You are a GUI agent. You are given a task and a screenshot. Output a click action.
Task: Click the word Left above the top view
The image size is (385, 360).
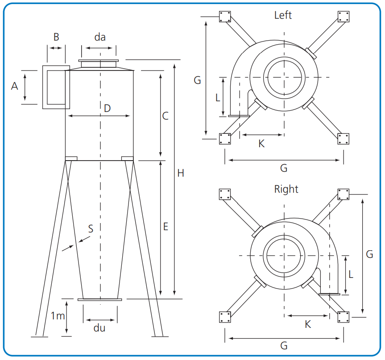(283, 15)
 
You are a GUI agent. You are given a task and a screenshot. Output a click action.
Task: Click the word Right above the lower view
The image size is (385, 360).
(286, 189)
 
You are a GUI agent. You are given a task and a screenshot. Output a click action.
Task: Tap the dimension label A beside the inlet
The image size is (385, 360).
(15, 87)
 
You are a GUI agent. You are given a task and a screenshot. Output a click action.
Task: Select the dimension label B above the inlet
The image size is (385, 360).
(56, 37)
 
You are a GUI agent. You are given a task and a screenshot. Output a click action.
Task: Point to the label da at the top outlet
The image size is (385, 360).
(99, 37)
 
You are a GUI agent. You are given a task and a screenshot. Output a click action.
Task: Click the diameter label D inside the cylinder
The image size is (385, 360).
(107, 108)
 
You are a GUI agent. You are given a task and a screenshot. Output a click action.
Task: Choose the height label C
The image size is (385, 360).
(165, 116)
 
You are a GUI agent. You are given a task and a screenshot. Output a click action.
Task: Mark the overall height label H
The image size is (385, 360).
(180, 173)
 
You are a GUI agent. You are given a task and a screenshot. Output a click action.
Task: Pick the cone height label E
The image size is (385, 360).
(165, 227)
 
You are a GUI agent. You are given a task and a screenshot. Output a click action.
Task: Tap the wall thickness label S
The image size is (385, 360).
(91, 229)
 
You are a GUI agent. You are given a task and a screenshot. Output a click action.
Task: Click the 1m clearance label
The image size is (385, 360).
(57, 316)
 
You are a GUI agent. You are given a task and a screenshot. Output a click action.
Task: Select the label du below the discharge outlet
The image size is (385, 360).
(100, 328)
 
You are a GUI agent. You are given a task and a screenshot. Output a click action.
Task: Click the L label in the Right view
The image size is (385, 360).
(351, 275)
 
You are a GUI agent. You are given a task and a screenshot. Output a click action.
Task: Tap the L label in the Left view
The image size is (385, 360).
(218, 97)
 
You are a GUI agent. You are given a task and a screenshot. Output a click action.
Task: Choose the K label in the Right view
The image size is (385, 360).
(307, 324)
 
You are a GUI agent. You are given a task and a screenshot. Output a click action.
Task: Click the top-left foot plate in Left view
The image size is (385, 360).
(224, 17)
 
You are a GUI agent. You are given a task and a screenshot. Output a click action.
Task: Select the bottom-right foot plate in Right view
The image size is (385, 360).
(343, 317)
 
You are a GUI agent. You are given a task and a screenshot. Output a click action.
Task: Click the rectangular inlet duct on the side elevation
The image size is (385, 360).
(56, 87)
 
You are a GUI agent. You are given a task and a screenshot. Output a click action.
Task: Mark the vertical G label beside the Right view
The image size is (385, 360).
(369, 254)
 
